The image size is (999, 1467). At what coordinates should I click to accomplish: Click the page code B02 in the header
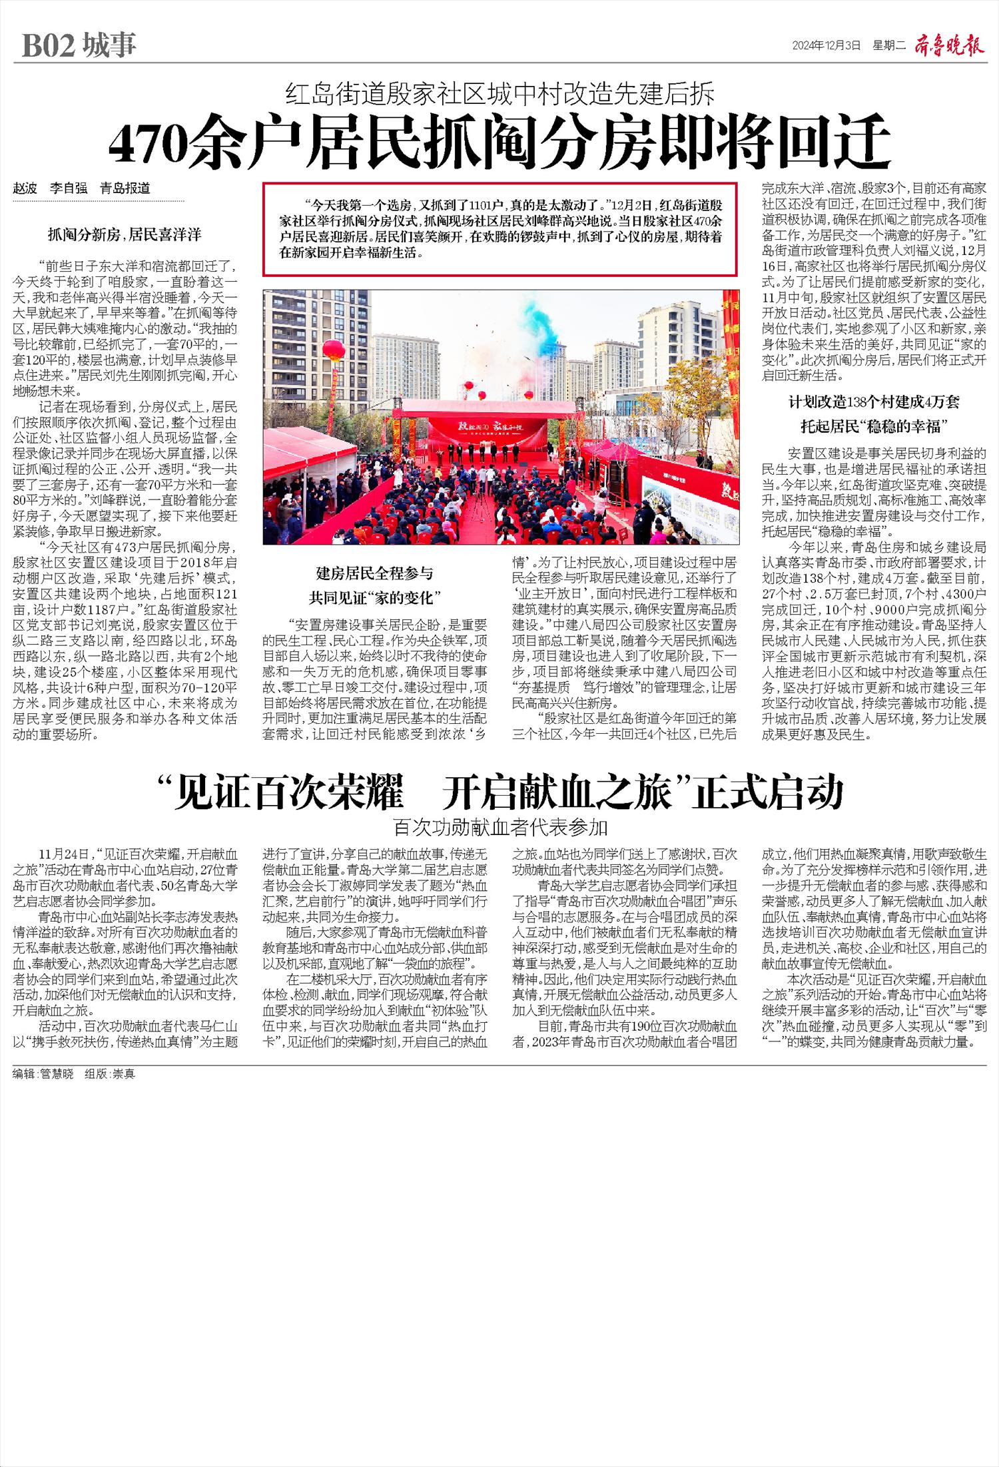click(49, 46)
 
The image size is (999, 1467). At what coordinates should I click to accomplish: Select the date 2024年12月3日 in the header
click(826, 46)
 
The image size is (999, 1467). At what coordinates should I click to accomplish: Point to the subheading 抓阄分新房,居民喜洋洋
click(124, 234)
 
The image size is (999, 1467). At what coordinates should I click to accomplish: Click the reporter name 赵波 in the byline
click(25, 188)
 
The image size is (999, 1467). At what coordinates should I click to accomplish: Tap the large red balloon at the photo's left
click(333, 350)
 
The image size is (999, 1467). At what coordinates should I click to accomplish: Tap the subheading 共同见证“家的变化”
click(375, 597)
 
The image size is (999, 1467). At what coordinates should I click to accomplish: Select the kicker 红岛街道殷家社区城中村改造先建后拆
click(499, 95)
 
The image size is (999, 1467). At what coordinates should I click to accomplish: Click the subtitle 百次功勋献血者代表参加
click(500, 827)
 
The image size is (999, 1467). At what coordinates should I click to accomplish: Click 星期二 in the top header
click(890, 46)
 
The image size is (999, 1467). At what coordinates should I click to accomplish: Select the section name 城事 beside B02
click(110, 46)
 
